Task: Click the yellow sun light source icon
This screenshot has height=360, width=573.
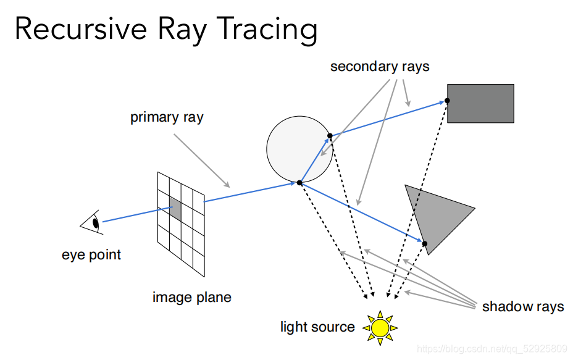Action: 380,327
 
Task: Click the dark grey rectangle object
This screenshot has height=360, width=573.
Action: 480,103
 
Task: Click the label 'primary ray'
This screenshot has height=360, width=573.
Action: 167,117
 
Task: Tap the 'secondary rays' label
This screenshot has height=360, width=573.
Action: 379,67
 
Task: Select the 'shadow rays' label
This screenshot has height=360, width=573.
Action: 522,306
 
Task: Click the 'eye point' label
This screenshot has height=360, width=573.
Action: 91,254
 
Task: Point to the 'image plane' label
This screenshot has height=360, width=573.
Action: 191,297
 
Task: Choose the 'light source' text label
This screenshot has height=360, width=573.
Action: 317,327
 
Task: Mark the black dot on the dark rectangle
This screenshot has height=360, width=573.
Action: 447,100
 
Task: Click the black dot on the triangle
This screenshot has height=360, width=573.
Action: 425,244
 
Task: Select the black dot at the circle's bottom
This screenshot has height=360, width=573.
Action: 299,183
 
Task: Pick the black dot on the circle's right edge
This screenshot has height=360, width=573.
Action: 330,136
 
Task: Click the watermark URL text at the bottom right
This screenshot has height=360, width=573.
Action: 492,349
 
